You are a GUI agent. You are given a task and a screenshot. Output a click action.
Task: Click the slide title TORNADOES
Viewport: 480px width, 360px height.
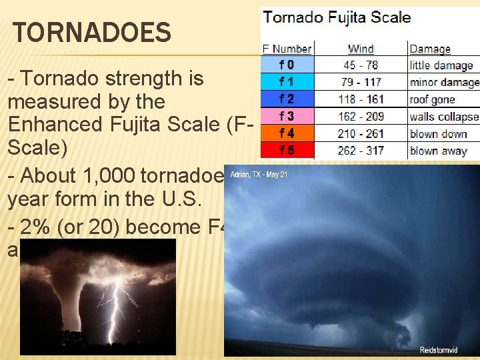click(x=92, y=32)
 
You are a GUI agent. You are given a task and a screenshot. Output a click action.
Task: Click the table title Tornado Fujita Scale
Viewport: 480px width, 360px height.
click(x=337, y=17)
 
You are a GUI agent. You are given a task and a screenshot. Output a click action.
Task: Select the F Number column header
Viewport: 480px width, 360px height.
click(x=287, y=49)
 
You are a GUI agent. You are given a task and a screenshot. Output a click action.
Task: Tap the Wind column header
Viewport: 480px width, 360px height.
click(x=361, y=49)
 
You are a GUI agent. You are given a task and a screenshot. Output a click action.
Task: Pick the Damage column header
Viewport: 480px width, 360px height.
click(x=430, y=49)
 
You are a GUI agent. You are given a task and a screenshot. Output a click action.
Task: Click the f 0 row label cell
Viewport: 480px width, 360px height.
click(x=287, y=65)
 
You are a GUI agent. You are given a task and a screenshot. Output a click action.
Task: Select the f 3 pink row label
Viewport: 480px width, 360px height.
click(x=287, y=117)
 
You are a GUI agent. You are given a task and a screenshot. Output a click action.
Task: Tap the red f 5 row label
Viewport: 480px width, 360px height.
click(x=287, y=151)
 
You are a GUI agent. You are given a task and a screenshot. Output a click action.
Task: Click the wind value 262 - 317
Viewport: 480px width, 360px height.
click(x=361, y=151)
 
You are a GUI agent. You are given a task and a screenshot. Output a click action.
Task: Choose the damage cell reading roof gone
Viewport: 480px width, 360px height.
click(x=433, y=100)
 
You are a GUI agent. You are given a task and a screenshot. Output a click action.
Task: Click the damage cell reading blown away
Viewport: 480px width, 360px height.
click(x=439, y=151)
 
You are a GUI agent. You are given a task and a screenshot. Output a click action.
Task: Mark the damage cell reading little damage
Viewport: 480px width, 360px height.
click(x=441, y=65)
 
